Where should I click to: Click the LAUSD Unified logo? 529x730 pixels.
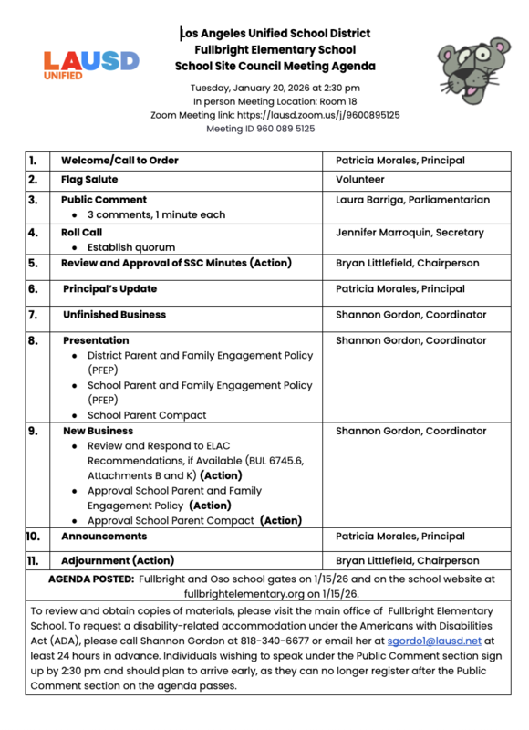(x=90, y=65)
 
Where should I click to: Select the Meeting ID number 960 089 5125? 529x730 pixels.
(x=281, y=129)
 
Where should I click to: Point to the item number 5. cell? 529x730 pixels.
(x=33, y=263)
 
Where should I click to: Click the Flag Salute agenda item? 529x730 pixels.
(x=89, y=180)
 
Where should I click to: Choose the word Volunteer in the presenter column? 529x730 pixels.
(x=360, y=180)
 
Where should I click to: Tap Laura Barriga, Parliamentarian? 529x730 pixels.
(x=412, y=200)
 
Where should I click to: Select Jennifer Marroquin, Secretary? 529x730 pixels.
(x=410, y=233)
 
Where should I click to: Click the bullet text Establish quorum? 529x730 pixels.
(x=131, y=247)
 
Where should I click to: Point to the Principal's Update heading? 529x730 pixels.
(x=110, y=288)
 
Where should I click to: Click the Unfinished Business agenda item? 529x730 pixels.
(x=114, y=315)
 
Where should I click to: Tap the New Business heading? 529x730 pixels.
(x=98, y=431)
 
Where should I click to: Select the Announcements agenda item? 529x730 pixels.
(x=104, y=536)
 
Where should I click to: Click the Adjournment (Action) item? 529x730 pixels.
(x=118, y=560)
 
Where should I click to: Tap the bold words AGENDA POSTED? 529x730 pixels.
(x=91, y=579)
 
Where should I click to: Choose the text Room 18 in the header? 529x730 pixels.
(x=337, y=101)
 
